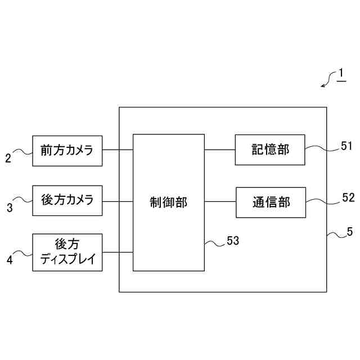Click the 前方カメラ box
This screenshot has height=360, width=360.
tap(67, 151)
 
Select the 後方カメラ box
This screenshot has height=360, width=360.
tap(67, 200)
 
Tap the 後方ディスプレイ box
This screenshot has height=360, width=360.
tap(67, 252)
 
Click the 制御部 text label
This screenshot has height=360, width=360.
tap(168, 202)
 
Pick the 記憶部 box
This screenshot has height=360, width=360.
tap(270, 150)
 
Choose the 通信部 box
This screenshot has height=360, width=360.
tap(271, 202)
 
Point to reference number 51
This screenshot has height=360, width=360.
tap(347, 146)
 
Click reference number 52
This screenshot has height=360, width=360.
tap(348, 197)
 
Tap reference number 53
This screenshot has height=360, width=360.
tap(233, 241)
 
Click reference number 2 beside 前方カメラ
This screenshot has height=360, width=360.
tap(8, 158)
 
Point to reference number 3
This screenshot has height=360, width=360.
tap(10, 208)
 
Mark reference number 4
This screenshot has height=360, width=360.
tap(9, 260)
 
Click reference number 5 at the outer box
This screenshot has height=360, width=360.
tap(350, 231)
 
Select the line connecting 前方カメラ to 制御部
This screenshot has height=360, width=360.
tap(118, 150)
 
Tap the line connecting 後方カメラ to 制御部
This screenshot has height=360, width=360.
tap(118, 201)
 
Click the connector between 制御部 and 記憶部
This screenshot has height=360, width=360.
tap(219, 150)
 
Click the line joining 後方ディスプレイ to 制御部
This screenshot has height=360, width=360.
tap(118, 252)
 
